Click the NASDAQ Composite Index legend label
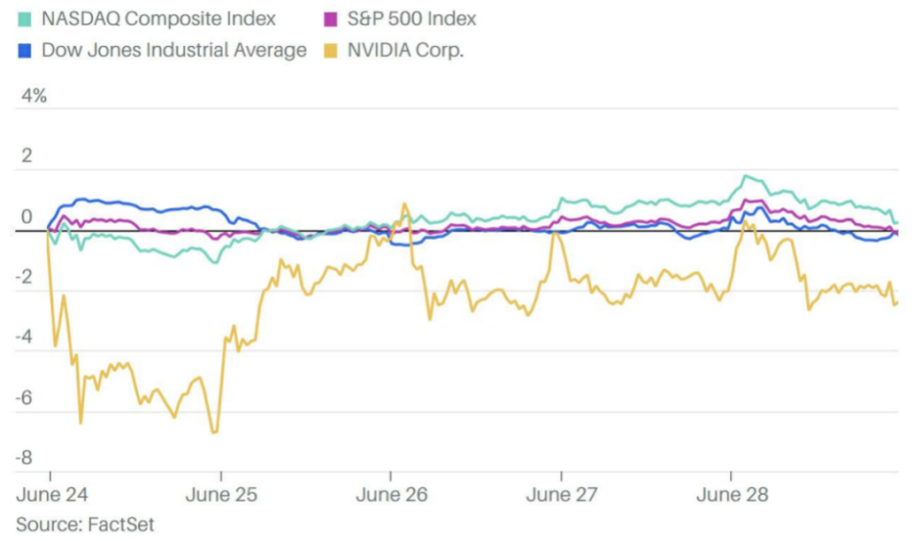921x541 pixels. pos(158,18)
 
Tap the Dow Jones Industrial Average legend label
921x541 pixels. pos(174,51)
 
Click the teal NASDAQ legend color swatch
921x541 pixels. pos(24,18)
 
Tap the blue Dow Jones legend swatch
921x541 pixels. pos(24,51)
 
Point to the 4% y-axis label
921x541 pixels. pos(35,96)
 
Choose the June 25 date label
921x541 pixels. pos(221,496)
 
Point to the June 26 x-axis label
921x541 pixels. pos(390,496)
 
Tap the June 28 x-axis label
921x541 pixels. pos(731,496)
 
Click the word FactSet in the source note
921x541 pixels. pos(120,525)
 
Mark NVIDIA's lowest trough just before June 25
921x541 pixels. pos(214,433)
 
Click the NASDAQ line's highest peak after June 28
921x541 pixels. pos(746,176)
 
